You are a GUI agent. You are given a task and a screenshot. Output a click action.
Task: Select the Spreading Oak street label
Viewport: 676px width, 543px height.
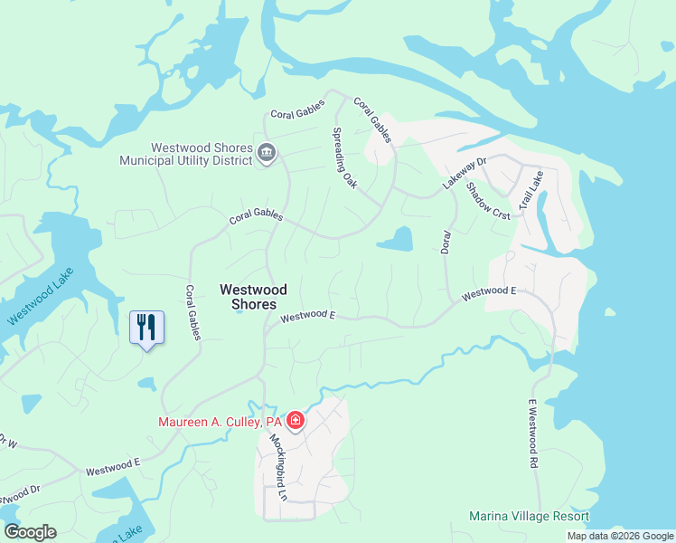(344, 157)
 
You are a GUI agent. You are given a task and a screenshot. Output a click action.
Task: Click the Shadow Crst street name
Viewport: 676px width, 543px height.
(488, 200)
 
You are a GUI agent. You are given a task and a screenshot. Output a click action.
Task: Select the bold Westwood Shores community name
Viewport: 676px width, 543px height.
(253, 297)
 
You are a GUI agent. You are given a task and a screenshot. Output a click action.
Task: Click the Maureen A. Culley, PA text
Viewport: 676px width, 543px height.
(221, 422)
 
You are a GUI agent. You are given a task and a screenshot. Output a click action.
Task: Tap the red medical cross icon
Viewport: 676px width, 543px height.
(295, 421)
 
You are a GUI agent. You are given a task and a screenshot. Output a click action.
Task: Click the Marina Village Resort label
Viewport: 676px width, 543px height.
(529, 517)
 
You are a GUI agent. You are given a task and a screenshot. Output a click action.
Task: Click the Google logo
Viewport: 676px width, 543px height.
(30, 532)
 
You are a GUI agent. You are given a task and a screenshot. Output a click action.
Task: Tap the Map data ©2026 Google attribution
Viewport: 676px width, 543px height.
(619, 536)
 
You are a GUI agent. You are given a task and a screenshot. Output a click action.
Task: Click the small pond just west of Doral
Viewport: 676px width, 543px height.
(395, 239)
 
